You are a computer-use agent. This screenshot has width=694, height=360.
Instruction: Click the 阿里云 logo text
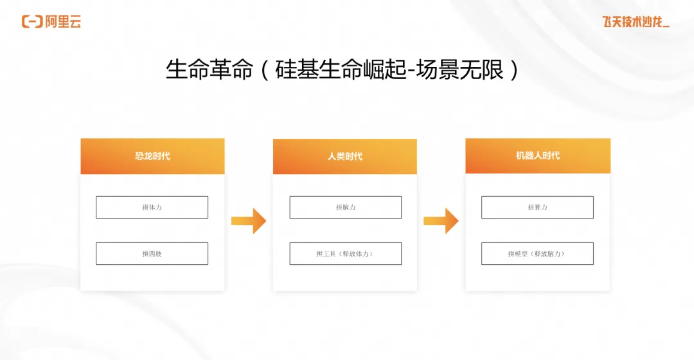(x=63, y=21)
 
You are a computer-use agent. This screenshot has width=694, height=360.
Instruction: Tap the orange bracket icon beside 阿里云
(x=32, y=21)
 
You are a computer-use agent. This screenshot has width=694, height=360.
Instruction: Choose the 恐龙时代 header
(x=152, y=156)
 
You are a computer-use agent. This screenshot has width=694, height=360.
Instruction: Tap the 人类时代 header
(x=345, y=156)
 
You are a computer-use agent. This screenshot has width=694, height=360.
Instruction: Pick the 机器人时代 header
(x=538, y=156)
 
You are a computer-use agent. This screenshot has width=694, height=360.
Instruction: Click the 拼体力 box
(x=152, y=207)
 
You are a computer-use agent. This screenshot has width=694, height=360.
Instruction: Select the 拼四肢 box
(x=152, y=253)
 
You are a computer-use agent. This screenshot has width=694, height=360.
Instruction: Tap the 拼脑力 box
(x=345, y=207)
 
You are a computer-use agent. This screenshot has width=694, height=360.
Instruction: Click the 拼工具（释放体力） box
(x=345, y=253)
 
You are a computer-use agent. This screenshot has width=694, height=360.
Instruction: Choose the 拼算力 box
(x=538, y=207)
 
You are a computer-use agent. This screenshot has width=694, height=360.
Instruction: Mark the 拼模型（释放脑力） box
(x=538, y=253)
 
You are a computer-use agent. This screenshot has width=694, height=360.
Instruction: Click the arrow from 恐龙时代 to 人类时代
(x=249, y=221)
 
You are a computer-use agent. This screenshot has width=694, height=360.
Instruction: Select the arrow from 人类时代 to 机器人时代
(x=441, y=221)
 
